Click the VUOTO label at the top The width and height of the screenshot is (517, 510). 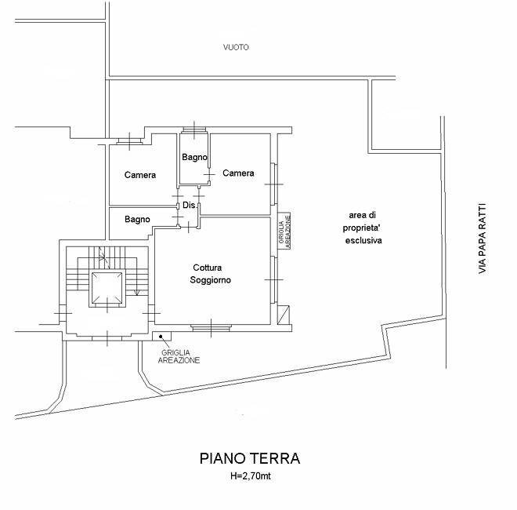tap(236, 47)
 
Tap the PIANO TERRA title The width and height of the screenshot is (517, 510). tap(250, 458)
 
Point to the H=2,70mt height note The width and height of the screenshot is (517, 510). tap(251, 476)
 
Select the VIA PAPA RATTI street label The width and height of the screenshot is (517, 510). tap(482, 239)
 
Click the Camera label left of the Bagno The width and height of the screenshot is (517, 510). tap(140, 175)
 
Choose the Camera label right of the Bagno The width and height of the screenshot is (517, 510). tap(238, 173)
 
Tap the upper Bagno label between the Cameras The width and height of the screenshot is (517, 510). tap(194, 157)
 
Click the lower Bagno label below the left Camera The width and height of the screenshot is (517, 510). tap(137, 220)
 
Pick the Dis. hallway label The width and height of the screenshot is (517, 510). tap(189, 205)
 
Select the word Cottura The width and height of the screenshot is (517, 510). tap(208, 268)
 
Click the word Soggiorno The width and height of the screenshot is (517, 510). tap(211, 280)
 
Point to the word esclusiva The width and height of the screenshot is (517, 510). tap(363, 240)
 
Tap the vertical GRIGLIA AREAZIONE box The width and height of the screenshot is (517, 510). tap(284, 231)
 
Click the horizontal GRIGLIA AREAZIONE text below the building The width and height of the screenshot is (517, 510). tap(179, 357)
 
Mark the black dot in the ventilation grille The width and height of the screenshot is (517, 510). tap(161, 337)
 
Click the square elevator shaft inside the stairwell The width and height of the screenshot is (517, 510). tap(107, 288)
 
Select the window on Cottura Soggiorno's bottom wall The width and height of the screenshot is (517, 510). tap(211, 328)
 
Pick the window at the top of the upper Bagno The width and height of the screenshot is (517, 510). tap(194, 130)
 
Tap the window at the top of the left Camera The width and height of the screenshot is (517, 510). tap(129, 141)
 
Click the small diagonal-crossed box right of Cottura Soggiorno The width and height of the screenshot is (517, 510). tap(284, 315)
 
